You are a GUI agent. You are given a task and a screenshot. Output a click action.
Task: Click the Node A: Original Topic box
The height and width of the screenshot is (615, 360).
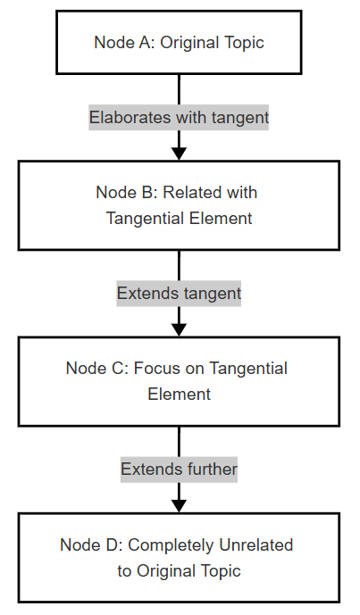pos(179,42)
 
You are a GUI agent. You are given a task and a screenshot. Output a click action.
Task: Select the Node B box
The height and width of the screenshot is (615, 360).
pos(179,205)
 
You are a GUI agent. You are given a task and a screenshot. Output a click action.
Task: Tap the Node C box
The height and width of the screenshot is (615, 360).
pos(179,381)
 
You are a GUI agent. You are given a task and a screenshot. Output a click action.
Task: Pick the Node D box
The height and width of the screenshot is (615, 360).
pos(179,557)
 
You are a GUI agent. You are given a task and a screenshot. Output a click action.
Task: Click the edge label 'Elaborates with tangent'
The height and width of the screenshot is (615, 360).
pos(179,117)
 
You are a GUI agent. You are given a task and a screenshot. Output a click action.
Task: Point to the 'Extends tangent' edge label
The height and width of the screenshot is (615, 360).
pos(179,294)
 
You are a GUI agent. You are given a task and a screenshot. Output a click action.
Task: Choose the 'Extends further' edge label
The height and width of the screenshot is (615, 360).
pos(179,470)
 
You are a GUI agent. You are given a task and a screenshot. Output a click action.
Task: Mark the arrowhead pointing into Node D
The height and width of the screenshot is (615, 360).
pos(179,506)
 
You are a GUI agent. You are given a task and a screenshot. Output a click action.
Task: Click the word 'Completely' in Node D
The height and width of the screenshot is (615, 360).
pos(171,545)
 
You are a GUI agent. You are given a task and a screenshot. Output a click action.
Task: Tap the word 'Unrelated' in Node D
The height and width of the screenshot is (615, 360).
pos(256,544)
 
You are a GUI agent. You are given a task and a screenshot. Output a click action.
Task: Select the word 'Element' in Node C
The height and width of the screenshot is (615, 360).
pos(179,395)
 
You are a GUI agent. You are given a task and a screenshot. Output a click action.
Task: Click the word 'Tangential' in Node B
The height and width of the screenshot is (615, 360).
pos(146,219)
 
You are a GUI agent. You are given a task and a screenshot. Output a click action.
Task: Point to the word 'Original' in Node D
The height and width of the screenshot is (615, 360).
pos(166,571)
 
